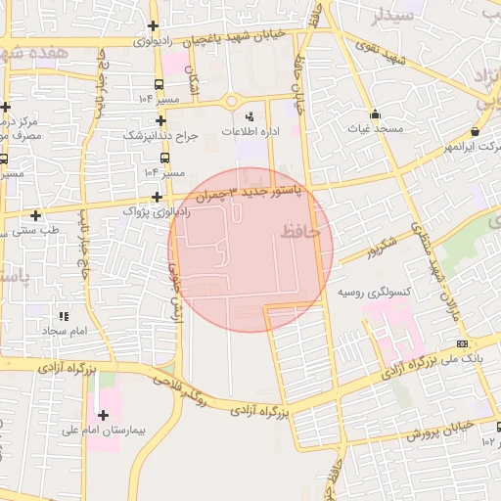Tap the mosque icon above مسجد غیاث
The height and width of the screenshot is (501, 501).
tap(376, 114)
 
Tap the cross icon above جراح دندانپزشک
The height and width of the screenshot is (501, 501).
tap(159, 120)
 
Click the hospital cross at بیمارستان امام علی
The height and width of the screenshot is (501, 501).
tap(104, 416)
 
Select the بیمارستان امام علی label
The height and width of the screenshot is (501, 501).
tap(104, 431)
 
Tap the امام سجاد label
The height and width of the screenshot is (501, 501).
tap(65, 332)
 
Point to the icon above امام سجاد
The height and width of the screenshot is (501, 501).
tap(65, 317)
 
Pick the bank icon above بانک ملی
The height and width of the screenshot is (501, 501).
tap(462, 343)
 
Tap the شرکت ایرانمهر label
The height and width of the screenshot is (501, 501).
tap(473, 147)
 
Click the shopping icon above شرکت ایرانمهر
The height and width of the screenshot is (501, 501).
tap(475, 132)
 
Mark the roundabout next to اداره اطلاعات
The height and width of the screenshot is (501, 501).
tap(232, 101)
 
